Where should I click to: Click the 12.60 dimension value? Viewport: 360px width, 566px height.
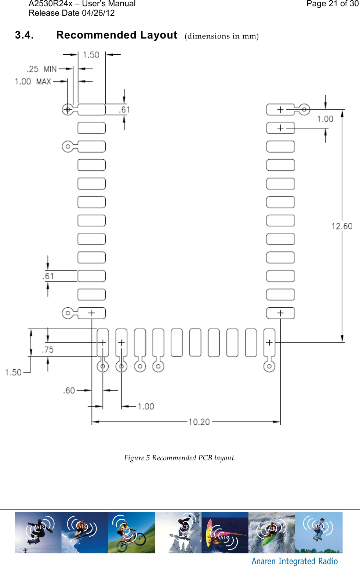point(342,226)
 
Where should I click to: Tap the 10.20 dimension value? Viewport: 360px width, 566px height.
point(199,422)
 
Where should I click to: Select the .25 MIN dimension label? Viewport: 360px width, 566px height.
point(41,69)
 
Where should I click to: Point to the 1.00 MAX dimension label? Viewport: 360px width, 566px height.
point(33,81)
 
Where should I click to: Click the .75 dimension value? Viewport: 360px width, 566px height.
point(48,350)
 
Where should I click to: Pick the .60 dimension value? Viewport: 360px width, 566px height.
point(69,391)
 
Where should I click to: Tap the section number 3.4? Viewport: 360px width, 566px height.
point(24,35)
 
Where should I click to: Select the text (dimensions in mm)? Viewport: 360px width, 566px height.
point(222,36)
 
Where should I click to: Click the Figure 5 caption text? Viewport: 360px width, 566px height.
point(180,458)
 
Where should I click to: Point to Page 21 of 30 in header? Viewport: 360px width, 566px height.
point(332,4)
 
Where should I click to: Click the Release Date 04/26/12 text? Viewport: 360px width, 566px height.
point(72,13)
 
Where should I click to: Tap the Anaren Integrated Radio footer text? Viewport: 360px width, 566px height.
point(294,561)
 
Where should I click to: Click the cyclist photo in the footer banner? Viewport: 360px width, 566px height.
point(131,532)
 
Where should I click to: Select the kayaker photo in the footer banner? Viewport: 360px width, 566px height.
point(272,532)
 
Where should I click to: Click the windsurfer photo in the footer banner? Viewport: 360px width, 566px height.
point(225,532)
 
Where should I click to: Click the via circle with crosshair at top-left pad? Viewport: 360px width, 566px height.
point(68,109)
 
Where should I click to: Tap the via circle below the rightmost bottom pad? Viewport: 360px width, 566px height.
point(269,366)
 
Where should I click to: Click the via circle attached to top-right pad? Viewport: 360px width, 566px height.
point(304,109)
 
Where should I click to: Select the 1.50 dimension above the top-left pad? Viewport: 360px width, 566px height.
point(91,55)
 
